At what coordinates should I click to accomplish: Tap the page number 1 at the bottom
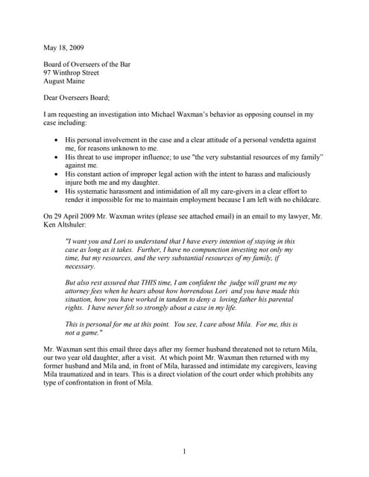point(184,451)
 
